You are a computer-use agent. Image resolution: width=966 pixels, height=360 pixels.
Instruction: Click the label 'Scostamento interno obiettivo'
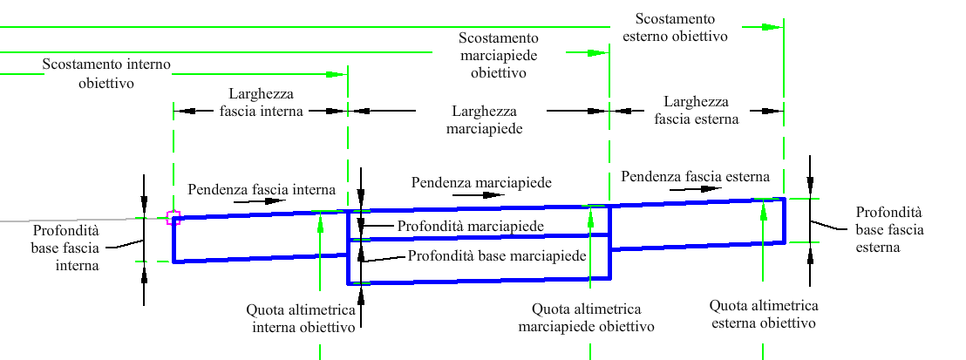tap(106, 73)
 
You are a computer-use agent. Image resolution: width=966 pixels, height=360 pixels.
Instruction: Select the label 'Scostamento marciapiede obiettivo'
tap(499, 56)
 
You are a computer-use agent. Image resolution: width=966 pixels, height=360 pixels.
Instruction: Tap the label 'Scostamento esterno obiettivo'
tap(675, 27)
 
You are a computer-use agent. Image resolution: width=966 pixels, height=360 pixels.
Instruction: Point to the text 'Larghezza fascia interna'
tap(262, 103)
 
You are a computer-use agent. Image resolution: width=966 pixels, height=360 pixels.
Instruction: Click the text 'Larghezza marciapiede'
tap(484, 120)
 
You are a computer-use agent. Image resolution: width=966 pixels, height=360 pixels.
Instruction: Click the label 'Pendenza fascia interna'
tap(262, 189)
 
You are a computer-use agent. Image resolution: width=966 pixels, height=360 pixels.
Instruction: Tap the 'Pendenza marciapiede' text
tap(481, 182)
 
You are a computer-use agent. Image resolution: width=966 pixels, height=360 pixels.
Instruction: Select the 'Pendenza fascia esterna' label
tap(696, 177)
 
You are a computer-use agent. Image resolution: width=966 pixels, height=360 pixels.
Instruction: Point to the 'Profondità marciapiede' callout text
tap(470, 227)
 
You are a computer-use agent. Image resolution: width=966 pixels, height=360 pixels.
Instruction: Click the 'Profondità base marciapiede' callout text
tap(497, 255)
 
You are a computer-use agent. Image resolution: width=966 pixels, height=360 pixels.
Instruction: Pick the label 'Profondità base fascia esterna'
tap(890, 230)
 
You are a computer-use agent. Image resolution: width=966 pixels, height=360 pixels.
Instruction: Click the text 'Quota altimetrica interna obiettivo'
tap(303, 318)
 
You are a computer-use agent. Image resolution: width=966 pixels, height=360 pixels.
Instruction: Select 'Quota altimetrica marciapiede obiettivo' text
tap(586, 316)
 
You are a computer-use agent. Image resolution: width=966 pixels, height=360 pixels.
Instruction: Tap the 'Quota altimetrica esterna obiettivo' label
tap(764, 315)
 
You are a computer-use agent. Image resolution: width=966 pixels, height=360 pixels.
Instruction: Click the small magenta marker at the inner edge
tap(173, 218)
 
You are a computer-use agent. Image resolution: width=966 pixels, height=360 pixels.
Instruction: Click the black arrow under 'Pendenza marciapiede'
tap(478, 194)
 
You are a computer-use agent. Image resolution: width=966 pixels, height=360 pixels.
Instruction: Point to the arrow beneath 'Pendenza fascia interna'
tap(262, 201)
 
